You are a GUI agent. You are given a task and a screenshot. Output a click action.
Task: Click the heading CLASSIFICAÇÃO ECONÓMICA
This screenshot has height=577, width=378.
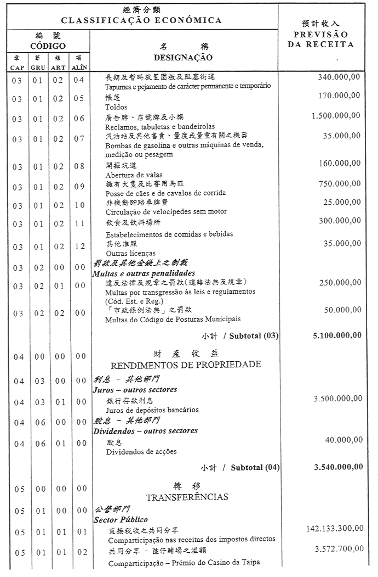pos(141,20)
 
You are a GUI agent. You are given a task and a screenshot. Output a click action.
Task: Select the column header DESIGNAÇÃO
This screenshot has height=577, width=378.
pos(183,58)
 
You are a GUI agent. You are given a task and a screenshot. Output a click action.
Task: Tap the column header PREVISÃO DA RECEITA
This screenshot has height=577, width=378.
pos(320,40)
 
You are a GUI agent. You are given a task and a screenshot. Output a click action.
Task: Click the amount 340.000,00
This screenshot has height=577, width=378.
pos(339,77)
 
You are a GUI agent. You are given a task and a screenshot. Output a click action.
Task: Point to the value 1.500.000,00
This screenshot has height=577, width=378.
pos(336,116)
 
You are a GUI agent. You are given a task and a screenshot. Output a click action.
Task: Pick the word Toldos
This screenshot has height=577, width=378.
pos(116,107)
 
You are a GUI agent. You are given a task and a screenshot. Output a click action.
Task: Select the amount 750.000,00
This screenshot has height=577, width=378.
pos(339,183)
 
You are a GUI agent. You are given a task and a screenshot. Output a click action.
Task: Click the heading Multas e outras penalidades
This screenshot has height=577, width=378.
pos(144,273)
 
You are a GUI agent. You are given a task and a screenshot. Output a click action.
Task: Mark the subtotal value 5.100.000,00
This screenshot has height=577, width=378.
pos(337,335)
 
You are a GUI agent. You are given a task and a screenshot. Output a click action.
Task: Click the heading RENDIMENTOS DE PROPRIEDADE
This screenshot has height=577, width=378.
pos(186,365)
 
